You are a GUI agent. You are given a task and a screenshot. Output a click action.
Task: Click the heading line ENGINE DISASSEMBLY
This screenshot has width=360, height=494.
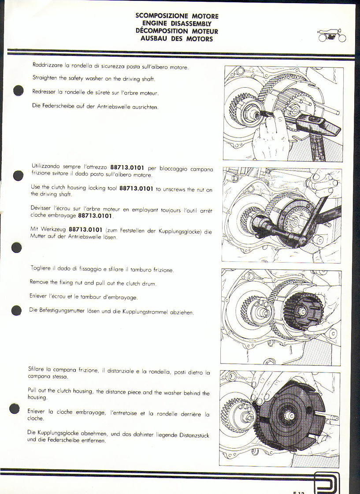(177, 23)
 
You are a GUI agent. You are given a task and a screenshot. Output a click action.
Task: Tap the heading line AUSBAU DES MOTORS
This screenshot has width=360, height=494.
(177, 39)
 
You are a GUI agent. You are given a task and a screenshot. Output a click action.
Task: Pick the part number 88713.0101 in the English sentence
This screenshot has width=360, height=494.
(136, 189)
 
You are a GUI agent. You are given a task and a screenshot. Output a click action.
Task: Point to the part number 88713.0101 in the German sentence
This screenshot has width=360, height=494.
(85, 230)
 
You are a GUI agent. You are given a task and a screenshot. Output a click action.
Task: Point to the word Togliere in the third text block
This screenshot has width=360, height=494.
(40, 268)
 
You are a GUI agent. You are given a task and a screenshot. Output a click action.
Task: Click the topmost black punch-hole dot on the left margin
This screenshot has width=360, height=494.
(19, 90)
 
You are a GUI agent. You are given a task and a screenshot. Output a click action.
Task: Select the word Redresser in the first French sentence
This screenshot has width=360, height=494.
(44, 92)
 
